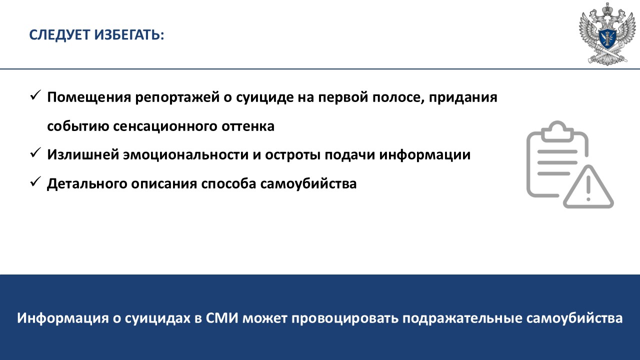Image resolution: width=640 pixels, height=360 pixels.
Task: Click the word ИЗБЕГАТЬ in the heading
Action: tap(129, 35)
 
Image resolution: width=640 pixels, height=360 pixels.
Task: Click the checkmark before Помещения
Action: tap(35, 95)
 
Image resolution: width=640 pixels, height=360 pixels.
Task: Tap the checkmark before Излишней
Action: tap(35, 153)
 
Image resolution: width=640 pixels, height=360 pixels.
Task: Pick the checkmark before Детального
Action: tap(35, 181)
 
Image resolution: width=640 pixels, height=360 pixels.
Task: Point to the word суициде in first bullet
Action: tap(265, 97)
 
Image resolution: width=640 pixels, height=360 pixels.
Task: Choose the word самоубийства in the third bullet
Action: tap(308, 184)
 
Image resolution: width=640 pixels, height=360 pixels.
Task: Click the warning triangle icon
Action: tap(588, 186)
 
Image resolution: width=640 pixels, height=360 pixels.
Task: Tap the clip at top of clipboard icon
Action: tap(557, 131)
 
